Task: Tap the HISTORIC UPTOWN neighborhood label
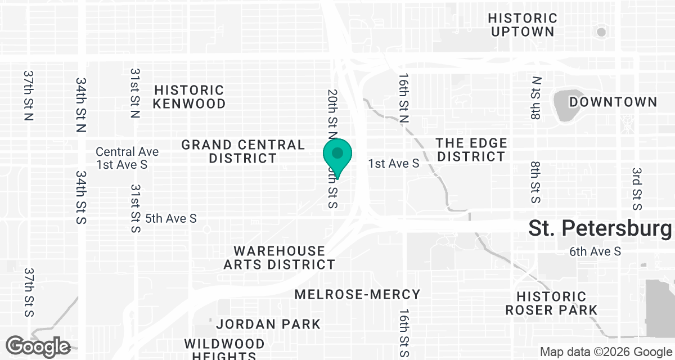(524, 25)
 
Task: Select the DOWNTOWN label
(613, 102)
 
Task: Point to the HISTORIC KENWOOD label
(189, 97)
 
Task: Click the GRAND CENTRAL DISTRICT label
(243, 152)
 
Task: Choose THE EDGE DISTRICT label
(471, 150)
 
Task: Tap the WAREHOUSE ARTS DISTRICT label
(280, 258)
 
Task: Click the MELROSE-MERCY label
(358, 294)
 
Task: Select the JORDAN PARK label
(268, 324)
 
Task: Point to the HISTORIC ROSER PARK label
(551, 303)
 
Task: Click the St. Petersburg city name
(600, 229)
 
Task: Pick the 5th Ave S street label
(171, 218)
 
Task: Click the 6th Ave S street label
(595, 251)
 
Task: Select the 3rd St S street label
(637, 189)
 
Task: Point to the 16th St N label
(403, 97)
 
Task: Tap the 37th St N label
(29, 96)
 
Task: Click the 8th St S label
(535, 182)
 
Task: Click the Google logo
(38, 346)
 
